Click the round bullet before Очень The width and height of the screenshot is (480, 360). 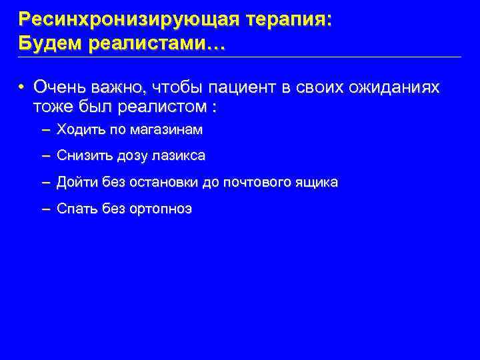[x=22, y=87]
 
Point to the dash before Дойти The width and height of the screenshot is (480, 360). [x=45, y=182]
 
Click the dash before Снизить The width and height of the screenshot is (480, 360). [x=45, y=156]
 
